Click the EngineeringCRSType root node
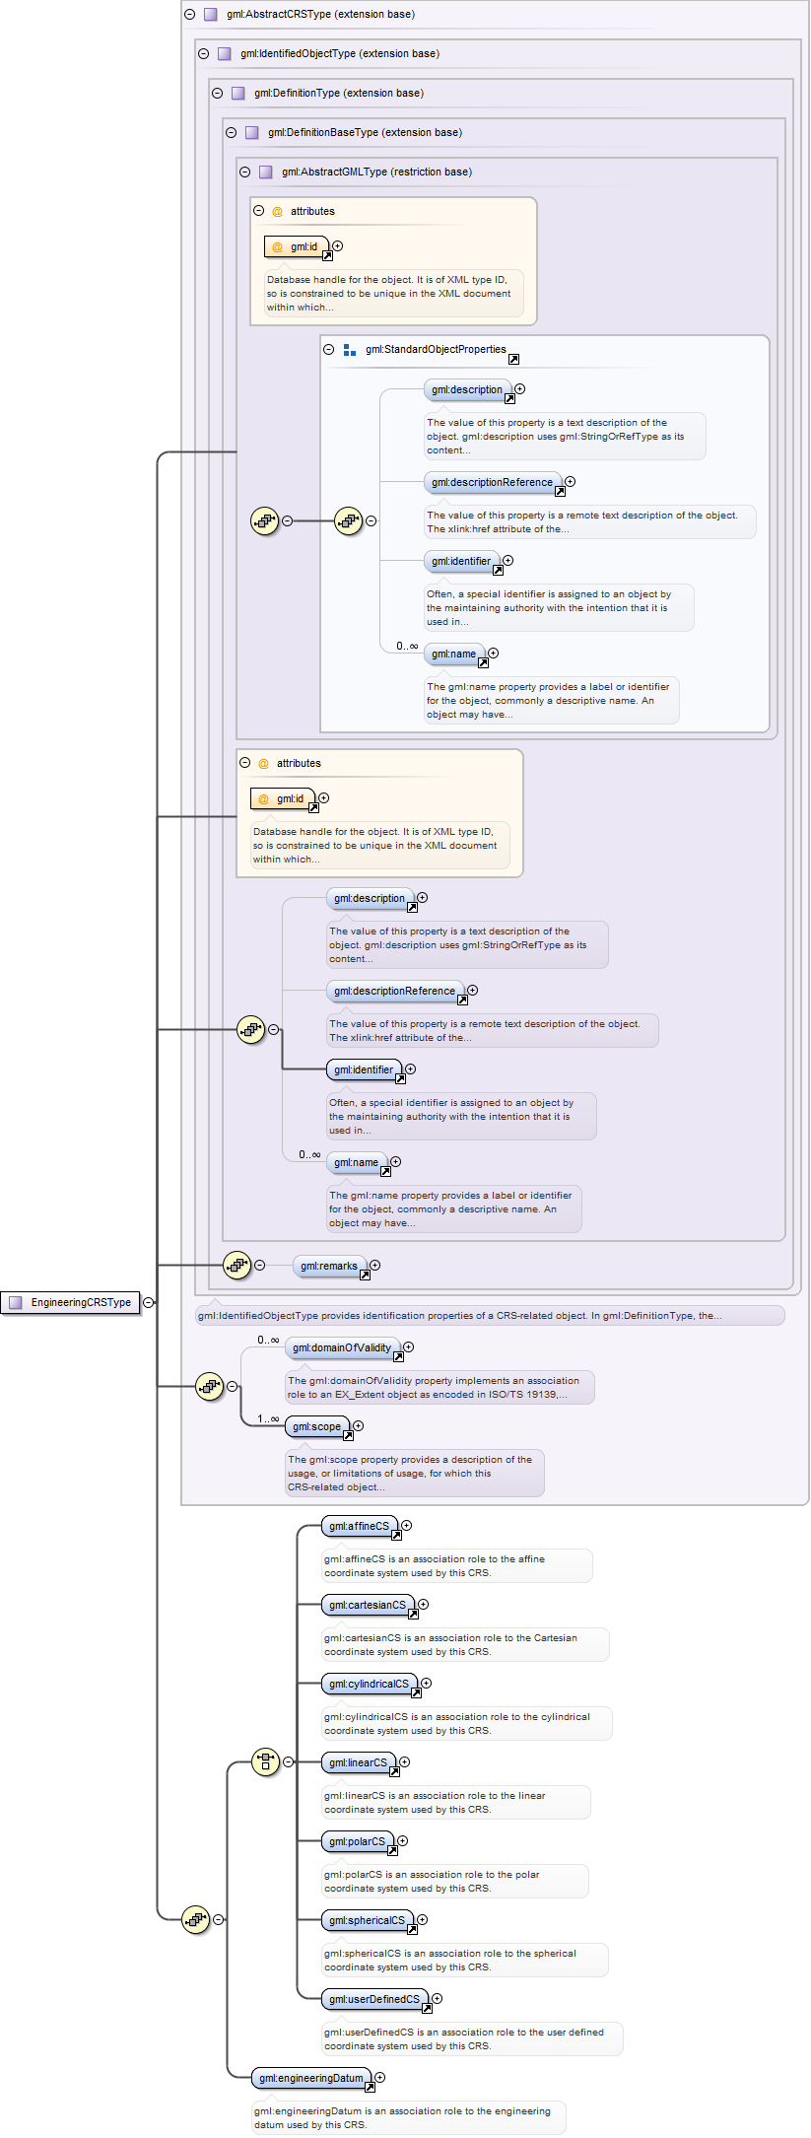click(72, 1302)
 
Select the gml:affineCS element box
click(360, 1526)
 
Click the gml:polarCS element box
click(358, 1841)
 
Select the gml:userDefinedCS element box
click(374, 1999)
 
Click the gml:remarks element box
click(329, 1266)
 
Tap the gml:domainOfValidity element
click(342, 1347)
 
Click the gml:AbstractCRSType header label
click(320, 15)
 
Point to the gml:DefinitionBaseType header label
click(365, 133)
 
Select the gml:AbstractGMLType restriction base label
click(376, 172)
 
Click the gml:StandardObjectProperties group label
click(436, 350)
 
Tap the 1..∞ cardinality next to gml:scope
click(268, 1418)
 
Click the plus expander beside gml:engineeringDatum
click(380, 2077)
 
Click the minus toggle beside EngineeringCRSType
click(148, 1302)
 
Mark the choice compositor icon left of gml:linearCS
click(265, 1761)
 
